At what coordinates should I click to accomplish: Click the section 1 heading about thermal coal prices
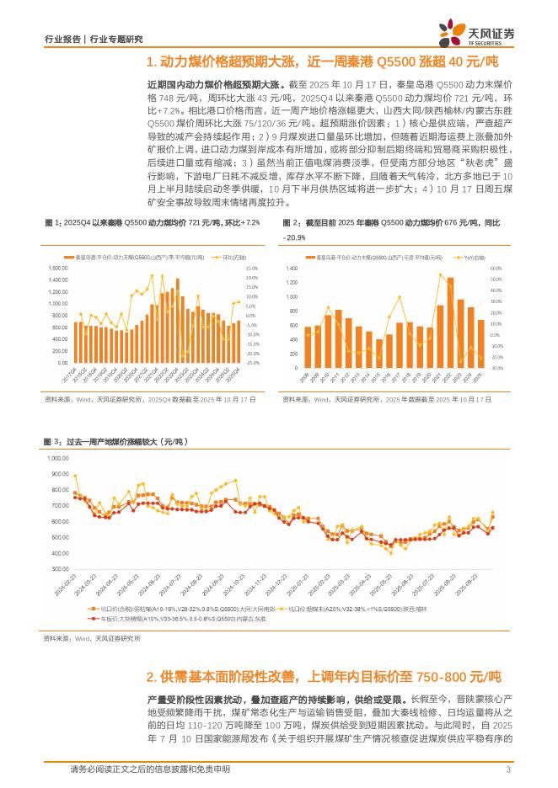coord(322,62)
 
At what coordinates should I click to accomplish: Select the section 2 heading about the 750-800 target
coord(324,676)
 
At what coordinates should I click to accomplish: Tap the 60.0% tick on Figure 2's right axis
coord(495,268)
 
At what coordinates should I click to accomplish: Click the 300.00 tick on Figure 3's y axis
coord(58,571)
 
